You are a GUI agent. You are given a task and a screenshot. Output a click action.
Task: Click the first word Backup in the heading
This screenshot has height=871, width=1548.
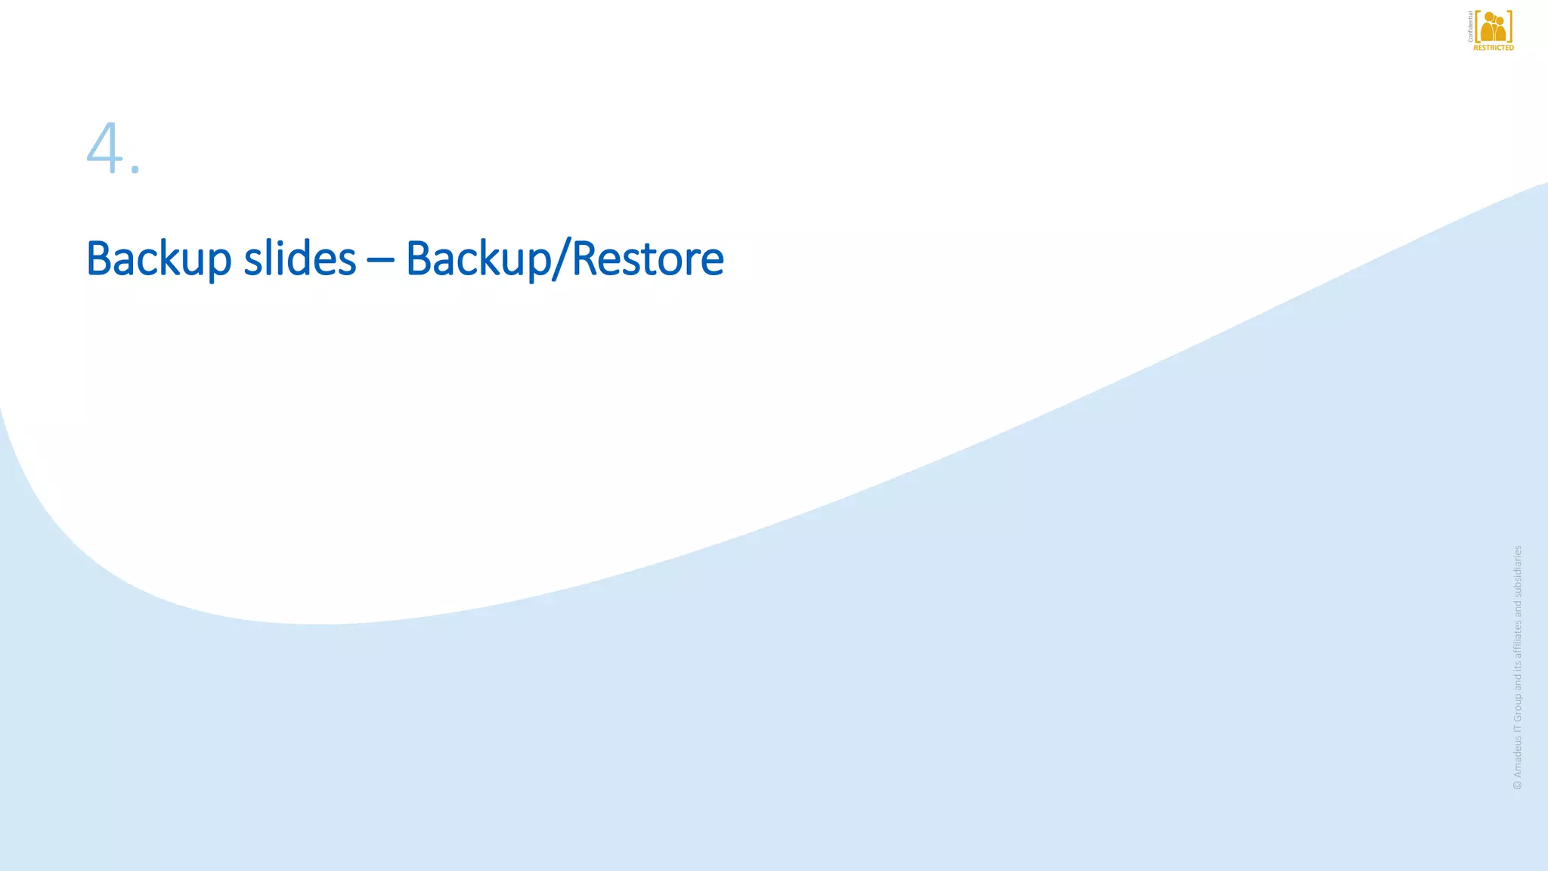(x=159, y=259)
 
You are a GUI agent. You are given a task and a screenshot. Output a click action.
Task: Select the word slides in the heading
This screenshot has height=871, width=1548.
(x=299, y=259)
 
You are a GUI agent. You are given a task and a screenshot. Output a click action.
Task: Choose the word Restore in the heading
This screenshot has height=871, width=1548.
(x=648, y=259)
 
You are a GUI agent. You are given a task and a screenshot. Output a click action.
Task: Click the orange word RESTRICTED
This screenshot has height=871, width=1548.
(x=1494, y=48)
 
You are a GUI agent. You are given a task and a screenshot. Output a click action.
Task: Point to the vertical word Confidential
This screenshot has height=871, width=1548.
(x=1470, y=26)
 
